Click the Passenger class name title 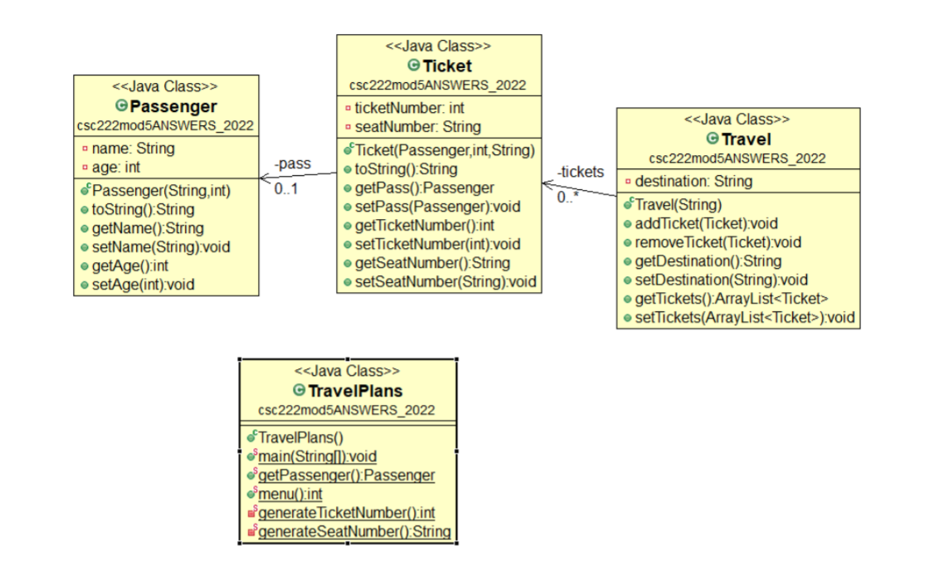(173, 106)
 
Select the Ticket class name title (446, 66)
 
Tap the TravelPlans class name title (356, 391)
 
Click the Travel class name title (746, 139)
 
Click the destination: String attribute (693, 181)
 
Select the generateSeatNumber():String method (354, 532)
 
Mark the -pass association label (293, 163)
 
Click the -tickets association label (581, 172)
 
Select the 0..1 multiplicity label (285, 188)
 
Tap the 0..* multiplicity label (567, 197)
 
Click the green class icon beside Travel (712, 139)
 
